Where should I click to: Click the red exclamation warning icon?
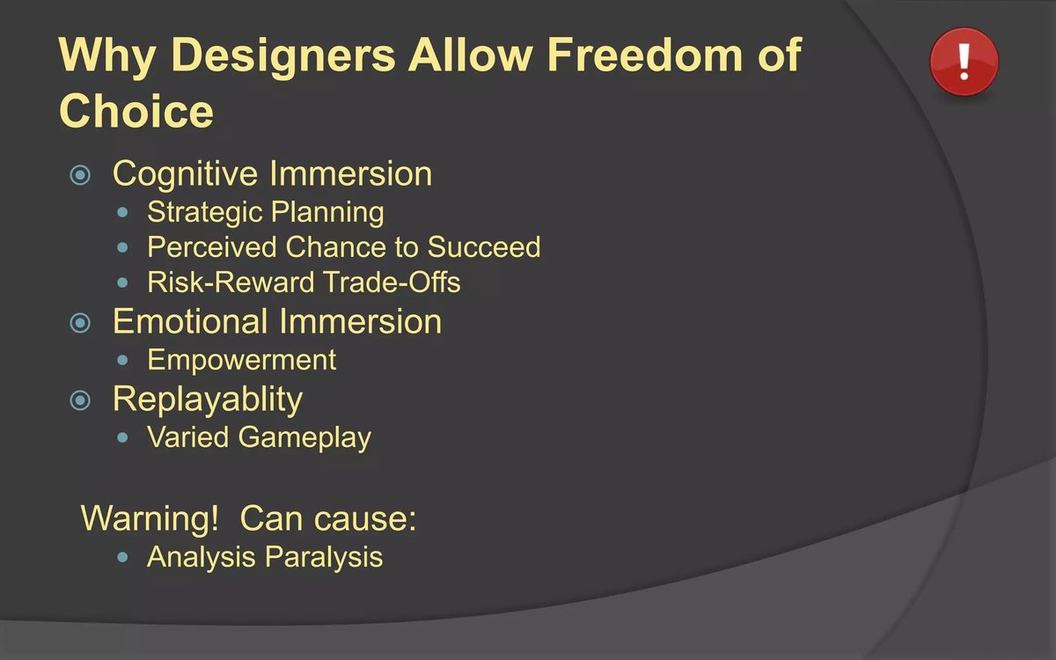[964, 62]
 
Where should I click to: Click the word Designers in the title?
[282, 56]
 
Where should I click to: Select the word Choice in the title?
[136, 110]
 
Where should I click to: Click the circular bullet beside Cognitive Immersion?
[80, 175]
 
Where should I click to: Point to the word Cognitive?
[186, 174]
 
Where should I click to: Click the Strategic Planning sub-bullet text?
[266, 212]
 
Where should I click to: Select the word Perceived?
[212, 246]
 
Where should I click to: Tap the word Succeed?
[484, 246]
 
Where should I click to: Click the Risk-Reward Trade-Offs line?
[304, 282]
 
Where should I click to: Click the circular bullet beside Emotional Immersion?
[80, 324]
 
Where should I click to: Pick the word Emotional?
[190, 321]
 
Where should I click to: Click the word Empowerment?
[241, 360]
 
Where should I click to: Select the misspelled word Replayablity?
[208, 400]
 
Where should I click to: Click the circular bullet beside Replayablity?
[80, 400]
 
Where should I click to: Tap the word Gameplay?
[304, 438]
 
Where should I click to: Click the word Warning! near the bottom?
[150, 518]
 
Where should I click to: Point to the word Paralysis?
[324, 557]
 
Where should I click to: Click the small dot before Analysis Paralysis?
[122, 558]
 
